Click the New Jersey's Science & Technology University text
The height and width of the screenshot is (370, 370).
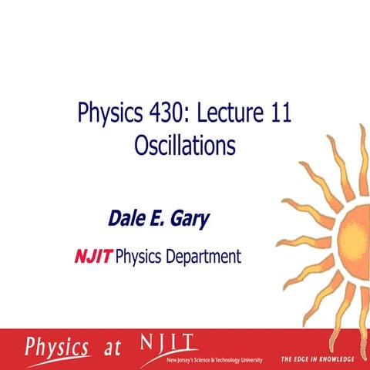(x=210, y=360)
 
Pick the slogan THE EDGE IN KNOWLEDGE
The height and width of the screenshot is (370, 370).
(x=317, y=359)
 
